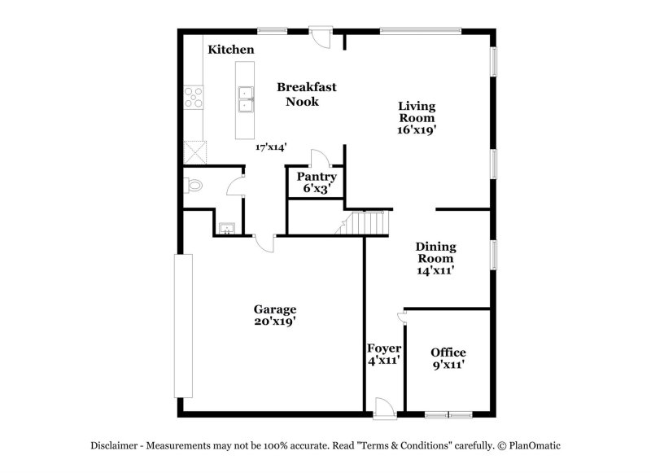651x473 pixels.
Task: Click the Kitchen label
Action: pyautogui.click(x=230, y=50)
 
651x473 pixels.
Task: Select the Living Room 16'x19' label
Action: pyautogui.click(x=416, y=117)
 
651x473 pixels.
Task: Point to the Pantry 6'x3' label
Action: pyautogui.click(x=316, y=182)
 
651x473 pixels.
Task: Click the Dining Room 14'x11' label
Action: pyautogui.click(x=435, y=258)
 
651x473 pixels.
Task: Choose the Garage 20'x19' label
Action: pyautogui.click(x=274, y=315)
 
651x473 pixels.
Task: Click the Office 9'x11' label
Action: pyautogui.click(x=448, y=358)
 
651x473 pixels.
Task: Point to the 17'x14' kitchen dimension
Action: pyautogui.click(x=271, y=147)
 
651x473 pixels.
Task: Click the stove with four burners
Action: pyautogui.click(x=194, y=99)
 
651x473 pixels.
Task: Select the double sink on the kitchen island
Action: pyautogui.click(x=244, y=99)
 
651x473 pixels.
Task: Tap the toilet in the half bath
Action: pyautogui.click(x=193, y=186)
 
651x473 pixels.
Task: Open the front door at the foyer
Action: pyautogui.click(x=385, y=407)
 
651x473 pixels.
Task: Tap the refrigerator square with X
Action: pyautogui.click(x=195, y=151)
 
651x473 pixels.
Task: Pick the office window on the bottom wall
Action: pyautogui.click(x=448, y=414)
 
